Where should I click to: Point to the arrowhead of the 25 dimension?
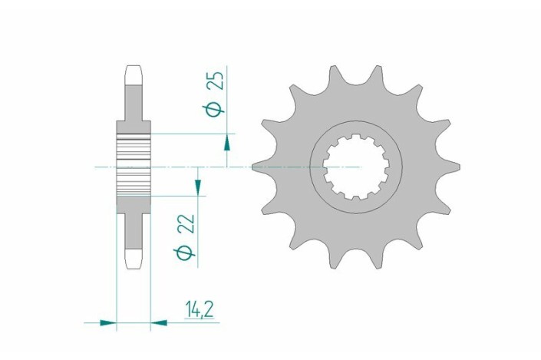point(227,141)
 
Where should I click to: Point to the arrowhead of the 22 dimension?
point(198,187)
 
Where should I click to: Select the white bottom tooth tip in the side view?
point(134,256)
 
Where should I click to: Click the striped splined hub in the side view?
point(134,165)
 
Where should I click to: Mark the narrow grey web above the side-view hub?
point(134,104)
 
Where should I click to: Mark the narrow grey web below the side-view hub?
point(134,226)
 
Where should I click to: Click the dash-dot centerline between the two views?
point(238,166)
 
